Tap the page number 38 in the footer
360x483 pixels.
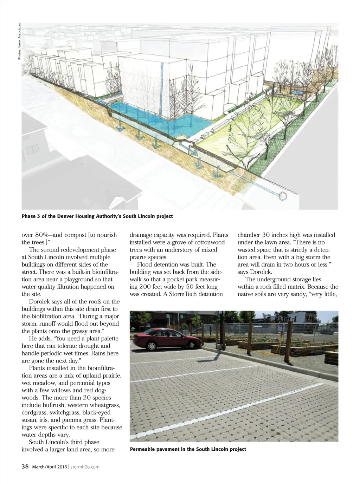[25, 466]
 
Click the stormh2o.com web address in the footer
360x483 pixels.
[85, 467]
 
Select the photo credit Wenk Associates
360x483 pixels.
[20, 41]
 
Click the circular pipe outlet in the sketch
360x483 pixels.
[283, 196]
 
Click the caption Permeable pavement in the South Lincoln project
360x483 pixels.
[188, 449]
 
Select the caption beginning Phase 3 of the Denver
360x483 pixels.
[97, 216]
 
